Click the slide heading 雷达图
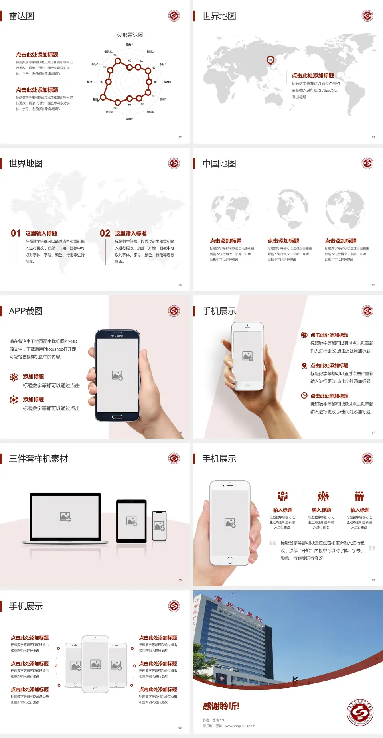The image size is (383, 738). tap(22, 16)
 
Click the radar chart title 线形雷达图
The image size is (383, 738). tap(130, 35)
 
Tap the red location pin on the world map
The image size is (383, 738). tap(270, 60)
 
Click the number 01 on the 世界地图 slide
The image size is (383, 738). tap(16, 233)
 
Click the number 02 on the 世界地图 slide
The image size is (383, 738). tap(105, 233)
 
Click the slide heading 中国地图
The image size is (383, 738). tap(219, 164)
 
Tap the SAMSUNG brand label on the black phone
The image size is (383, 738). tap(117, 336)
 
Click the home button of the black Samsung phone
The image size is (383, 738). tap(117, 417)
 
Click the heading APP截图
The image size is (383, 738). tap(26, 311)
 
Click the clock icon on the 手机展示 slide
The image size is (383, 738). tap(304, 395)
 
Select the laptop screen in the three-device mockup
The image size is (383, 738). tap(65, 517)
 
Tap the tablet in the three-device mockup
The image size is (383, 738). tap(132, 521)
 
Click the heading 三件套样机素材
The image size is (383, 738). tap(38, 459)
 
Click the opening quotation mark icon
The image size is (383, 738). tap(272, 543)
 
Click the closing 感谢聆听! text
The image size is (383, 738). tap(221, 706)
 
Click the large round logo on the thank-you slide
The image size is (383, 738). tap(360, 712)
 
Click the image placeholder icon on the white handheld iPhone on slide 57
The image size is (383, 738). tap(247, 356)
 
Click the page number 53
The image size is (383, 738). tap(373, 137)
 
